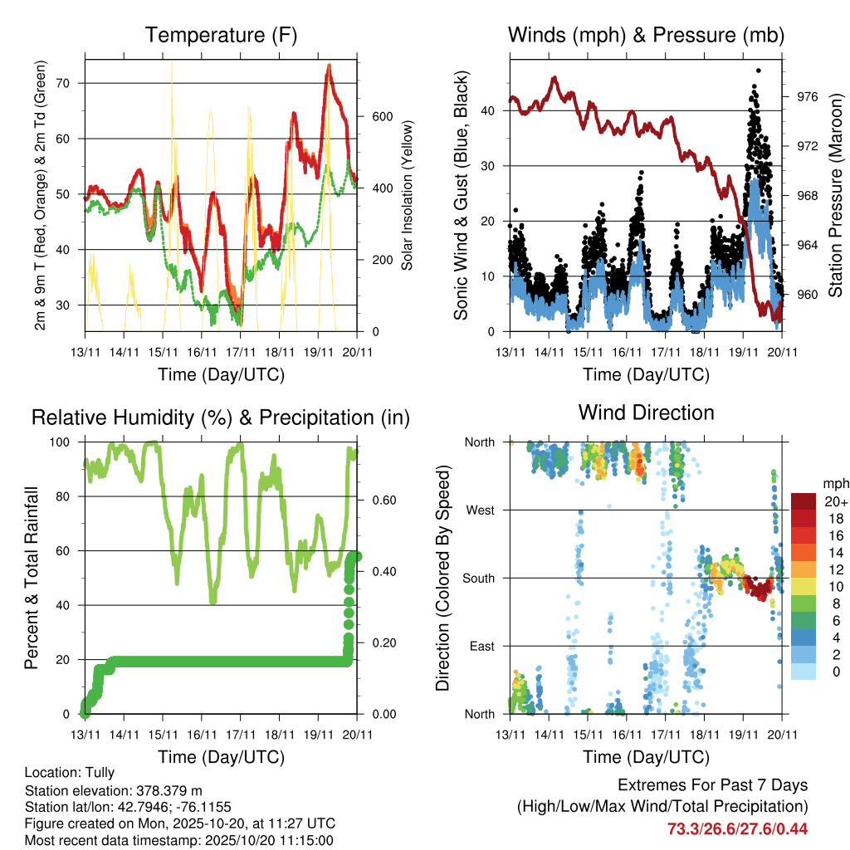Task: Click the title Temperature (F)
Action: pyautogui.click(x=221, y=36)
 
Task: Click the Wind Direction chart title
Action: pyautogui.click(x=646, y=413)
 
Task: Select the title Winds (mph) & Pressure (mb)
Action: pyautogui.click(x=646, y=36)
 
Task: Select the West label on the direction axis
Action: pyautogui.click(x=480, y=510)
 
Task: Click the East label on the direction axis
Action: pyautogui.click(x=481, y=646)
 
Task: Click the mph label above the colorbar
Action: pyautogui.click(x=834, y=483)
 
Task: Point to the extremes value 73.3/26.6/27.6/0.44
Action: pyautogui.click(x=737, y=828)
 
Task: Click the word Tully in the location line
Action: pyautogui.click(x=99, y=773)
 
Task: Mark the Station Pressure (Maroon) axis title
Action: pyautogui.click(x=836, y=196)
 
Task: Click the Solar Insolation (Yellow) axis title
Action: pyautogui.click(x=408, y=196)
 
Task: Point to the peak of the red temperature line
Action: pyautogui.click(x=330, y=65)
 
